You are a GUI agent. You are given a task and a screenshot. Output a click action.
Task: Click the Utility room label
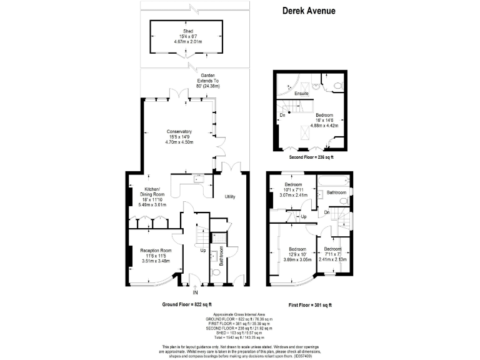[230, 197]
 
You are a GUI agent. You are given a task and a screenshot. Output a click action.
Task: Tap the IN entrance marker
[195, 292]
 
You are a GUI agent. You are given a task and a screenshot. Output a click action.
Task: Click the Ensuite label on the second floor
[302, 94]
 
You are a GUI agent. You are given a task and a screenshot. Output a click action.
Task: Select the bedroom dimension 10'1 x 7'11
[294, 190]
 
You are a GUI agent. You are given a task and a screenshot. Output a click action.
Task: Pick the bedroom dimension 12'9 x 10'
[293, 254]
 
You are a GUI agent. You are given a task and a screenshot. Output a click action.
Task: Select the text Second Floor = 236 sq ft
[307, 157]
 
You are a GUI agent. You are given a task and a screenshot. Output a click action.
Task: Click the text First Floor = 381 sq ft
[309, 304]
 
